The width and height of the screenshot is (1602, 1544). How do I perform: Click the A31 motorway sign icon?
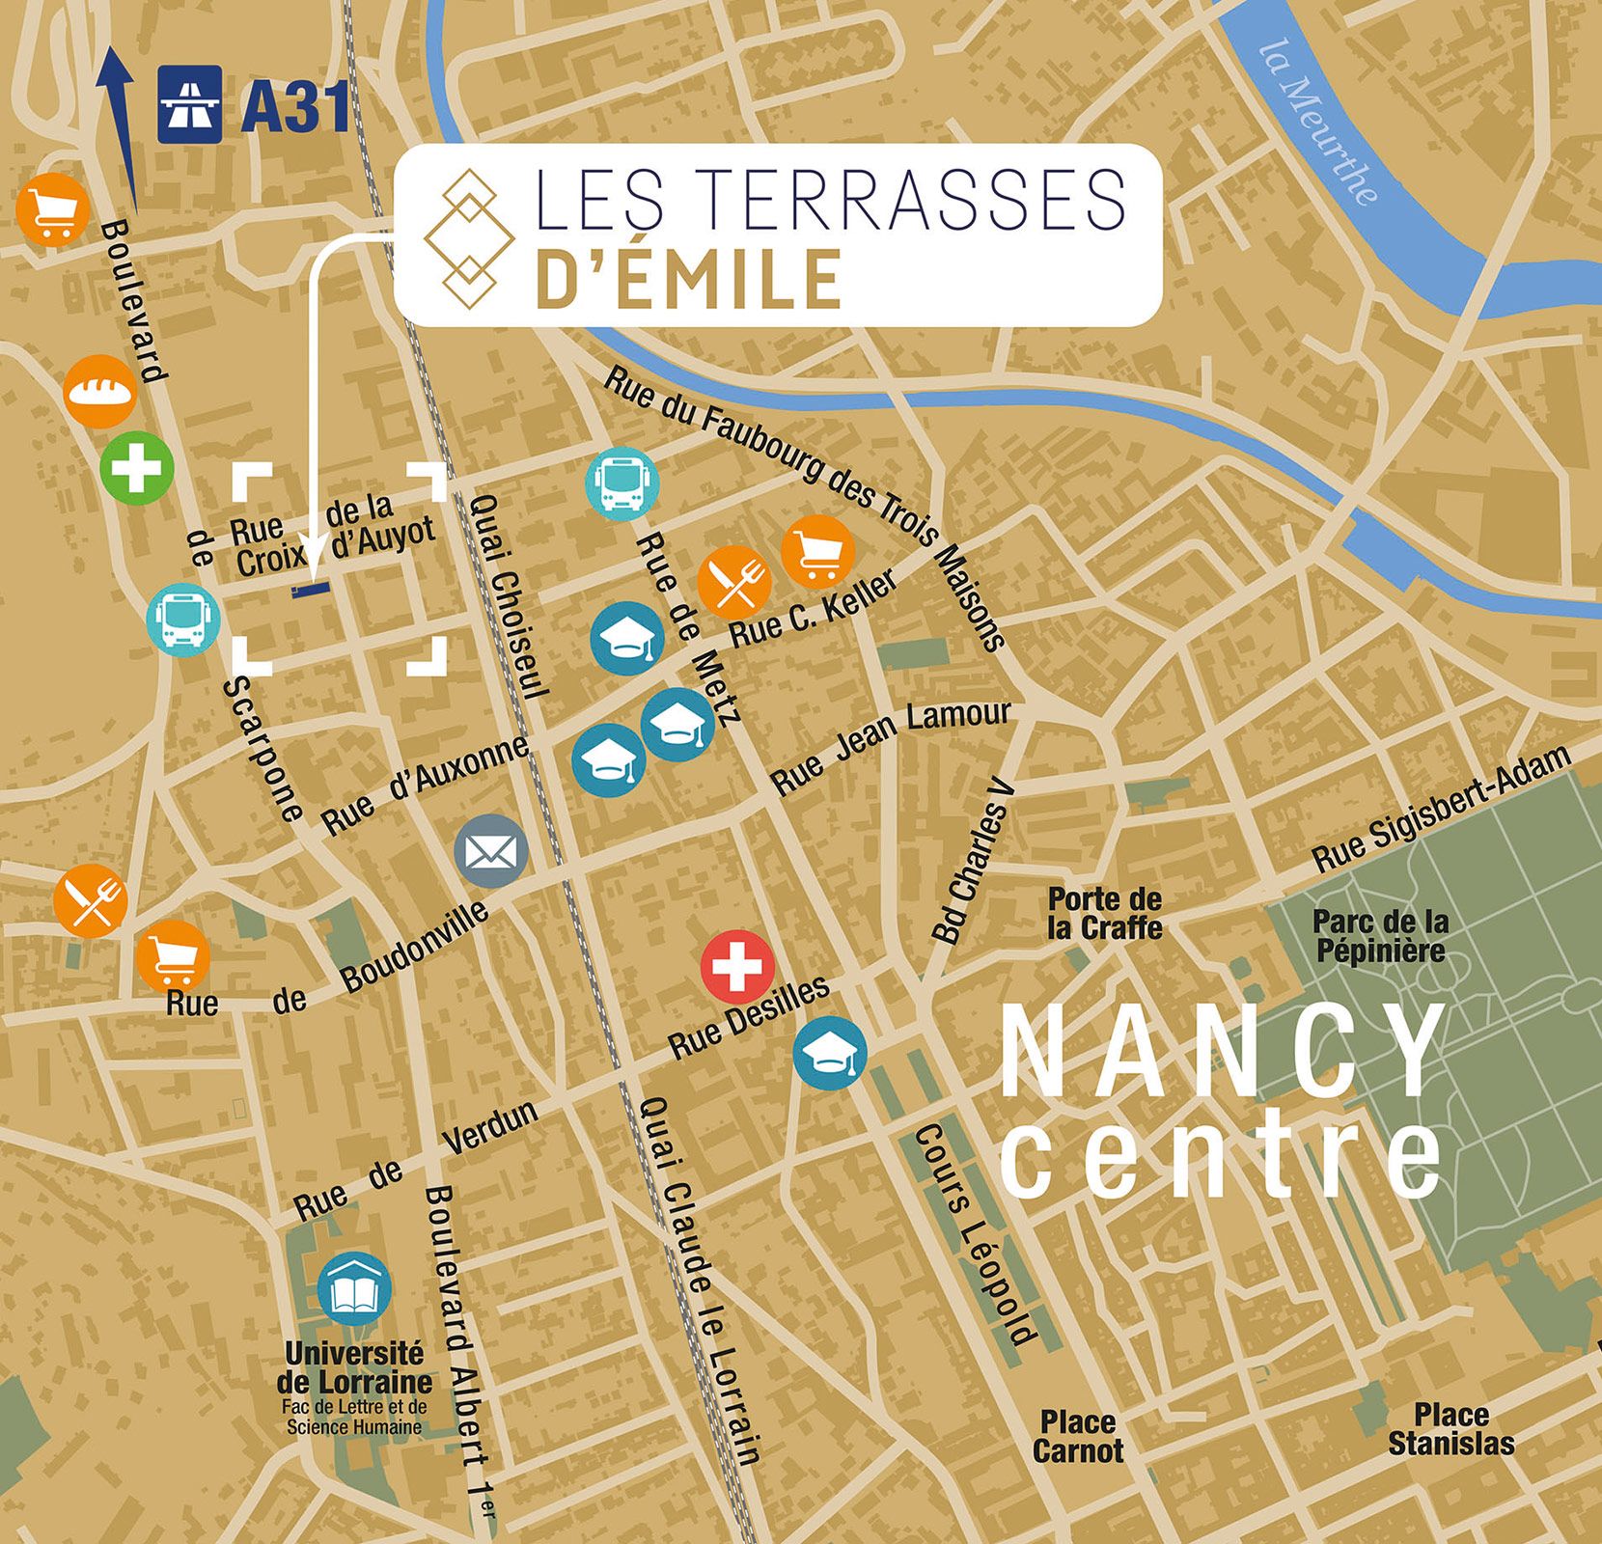coord(190,104)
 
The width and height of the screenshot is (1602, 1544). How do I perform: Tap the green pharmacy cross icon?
coord(137,468)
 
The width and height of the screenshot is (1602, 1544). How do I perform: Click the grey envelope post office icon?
coord(491,851)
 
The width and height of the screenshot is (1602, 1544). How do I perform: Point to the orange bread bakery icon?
coord(100,391)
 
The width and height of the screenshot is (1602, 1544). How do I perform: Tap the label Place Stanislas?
coord(1450,1429)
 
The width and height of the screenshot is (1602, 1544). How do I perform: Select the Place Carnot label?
coord(1078,1437)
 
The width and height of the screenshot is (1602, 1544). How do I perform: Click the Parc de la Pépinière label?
coord(1380,936)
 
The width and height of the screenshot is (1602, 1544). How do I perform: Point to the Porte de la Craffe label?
coord(1104,914)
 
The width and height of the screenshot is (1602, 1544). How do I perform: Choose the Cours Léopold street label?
coord(974,1235)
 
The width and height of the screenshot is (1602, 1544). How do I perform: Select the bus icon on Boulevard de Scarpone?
coord(183,620)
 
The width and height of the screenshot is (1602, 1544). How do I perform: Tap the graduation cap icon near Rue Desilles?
coord(830,1054)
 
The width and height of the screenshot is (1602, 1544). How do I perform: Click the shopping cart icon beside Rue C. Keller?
coord(817,552)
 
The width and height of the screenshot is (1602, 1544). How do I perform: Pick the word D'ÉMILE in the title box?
coord(688,279)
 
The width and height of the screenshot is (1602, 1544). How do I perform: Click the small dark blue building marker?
coord(310,590)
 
